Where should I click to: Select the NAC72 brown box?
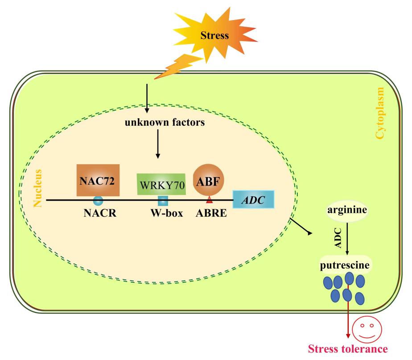(x=97, y=179)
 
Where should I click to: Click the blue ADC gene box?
(x=253, y=199)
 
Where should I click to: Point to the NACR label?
(x=100, y=213)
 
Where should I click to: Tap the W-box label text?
(x=167, y=213)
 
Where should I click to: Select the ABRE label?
(x=211, y=213)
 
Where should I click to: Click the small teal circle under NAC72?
(x=98, y=200)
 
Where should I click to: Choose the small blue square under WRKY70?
(x=163, y=200)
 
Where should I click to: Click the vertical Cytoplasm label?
(x=380, y=113)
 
